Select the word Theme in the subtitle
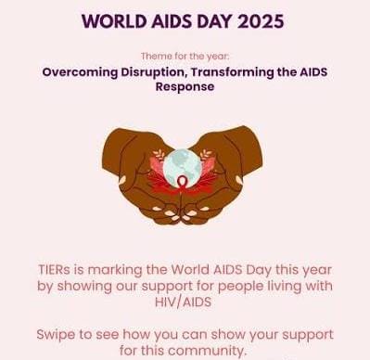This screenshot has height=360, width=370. [158, 56]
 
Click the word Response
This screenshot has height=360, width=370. [185, 86]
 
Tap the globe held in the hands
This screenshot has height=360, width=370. [182, 168]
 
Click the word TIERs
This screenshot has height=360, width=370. [58, 270]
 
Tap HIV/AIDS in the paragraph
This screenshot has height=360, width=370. [185, 303]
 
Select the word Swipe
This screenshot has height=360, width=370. [58, 334]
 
